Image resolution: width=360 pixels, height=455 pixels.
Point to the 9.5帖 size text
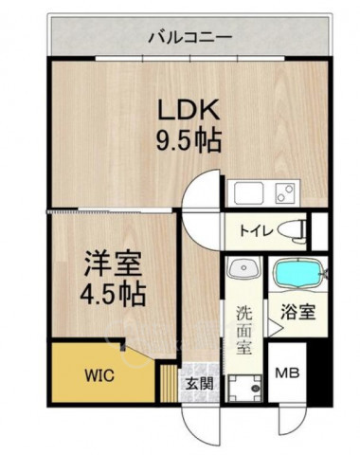[x=189, y=141]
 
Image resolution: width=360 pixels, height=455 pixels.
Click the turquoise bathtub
[x=299, y=273]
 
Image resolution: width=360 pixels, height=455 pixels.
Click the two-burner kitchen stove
[x=285, y=193]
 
